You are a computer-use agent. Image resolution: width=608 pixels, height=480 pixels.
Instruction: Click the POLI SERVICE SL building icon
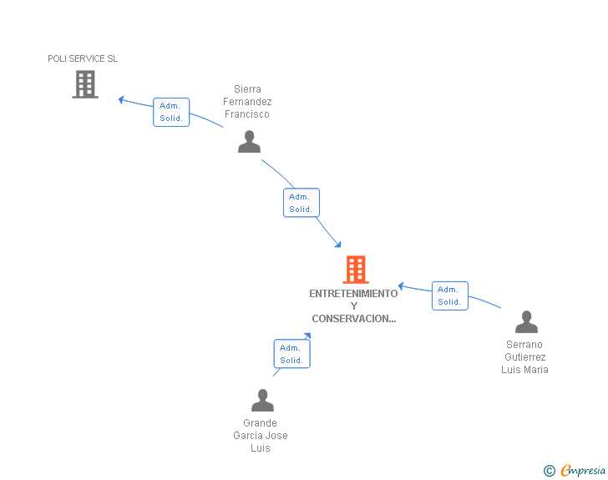(x=85, y=84)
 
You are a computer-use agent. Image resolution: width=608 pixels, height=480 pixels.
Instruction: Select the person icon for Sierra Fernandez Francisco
(x=249, y=142)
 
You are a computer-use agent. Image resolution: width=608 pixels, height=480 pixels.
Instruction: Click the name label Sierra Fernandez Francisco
(x=247, y=102)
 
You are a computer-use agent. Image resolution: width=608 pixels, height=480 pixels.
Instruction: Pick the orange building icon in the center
(x=356, y=270)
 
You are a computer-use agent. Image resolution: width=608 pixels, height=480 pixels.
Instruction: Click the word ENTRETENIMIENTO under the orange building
(x=353, y=294)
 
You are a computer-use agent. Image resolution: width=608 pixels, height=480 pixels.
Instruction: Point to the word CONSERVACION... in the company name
(x=353, y=319)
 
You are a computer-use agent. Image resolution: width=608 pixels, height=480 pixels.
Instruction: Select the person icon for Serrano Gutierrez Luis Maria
(x=526, y=322)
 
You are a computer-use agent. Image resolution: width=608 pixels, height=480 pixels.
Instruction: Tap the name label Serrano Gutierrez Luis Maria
(x=524, y=357)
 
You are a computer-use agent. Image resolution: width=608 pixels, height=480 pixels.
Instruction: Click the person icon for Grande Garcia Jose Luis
(x=262, y=401)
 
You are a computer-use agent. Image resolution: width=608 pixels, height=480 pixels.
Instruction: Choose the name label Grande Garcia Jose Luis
(x=261, y=436)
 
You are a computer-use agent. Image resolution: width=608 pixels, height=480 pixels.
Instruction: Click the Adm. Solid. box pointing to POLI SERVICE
(x=171, y=112)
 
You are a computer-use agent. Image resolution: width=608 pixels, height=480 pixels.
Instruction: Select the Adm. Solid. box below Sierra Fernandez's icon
(x=301, y=203)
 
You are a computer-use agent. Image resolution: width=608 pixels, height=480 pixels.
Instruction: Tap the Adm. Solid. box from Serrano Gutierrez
(x=449, y=296)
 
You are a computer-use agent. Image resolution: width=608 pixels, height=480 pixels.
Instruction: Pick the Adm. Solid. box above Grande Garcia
(x=291, y=354)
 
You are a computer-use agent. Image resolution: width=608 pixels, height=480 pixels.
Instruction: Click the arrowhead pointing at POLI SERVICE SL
(x=122, y=99)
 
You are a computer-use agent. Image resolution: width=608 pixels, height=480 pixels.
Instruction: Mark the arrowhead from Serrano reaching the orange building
(x=401, y=285)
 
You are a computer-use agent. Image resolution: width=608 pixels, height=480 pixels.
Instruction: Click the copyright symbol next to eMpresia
(x=549, y=471)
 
